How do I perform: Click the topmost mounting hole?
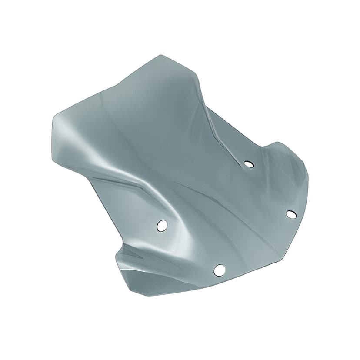[x=249, y=164]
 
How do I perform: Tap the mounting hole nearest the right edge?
[x=291, y=214]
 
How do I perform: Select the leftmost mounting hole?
[x=162, y=225]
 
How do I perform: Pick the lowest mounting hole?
[x=220, y=270]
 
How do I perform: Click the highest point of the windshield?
[x=161, y=55]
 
